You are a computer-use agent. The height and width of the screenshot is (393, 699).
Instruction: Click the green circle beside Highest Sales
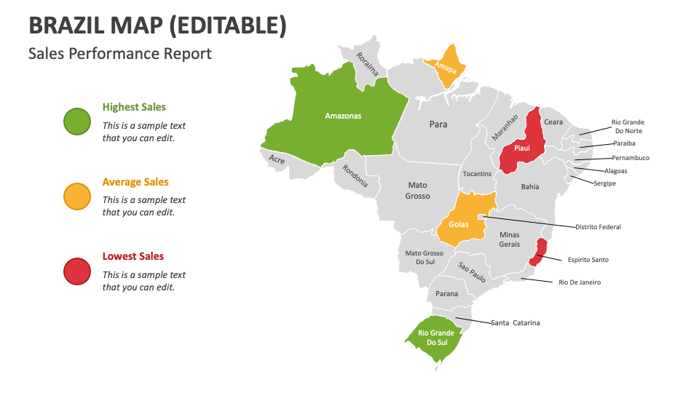coord(76,122)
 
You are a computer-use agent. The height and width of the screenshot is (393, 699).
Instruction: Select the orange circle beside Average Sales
coord(76,196)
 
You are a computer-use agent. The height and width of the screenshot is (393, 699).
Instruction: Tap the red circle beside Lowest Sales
coord(76,271)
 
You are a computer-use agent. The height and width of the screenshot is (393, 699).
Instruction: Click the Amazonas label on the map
coord(343,116)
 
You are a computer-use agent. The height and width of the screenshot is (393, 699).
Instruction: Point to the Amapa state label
coord(445,68)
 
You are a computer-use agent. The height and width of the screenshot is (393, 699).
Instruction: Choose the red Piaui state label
coord(521,148)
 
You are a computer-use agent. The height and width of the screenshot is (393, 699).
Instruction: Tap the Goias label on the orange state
coord(459,224)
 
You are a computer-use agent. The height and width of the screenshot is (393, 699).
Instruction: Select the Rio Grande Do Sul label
coord(436,338)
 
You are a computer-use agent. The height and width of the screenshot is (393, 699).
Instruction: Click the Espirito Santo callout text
coord(588,260)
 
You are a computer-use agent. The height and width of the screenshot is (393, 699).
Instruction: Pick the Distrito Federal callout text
coord(598,227)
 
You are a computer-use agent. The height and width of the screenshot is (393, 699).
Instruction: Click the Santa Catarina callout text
coord(515,322)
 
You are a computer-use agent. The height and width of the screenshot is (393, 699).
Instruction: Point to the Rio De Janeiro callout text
coord(580,282)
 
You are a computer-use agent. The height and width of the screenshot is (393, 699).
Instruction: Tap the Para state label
coord(438,124)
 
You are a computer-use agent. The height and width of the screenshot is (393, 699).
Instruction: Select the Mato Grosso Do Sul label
coord(424,258)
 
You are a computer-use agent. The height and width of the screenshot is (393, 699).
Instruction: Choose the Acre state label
coord(277,159)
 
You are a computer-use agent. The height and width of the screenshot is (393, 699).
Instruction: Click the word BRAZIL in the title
coord(70,25)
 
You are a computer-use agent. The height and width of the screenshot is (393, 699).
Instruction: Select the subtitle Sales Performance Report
coord(120,53)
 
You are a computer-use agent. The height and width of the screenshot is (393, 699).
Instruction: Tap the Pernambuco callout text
coord(630,158)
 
